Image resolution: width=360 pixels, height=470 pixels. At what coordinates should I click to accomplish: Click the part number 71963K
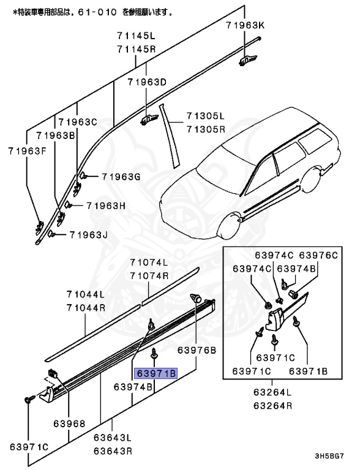pos(244,25)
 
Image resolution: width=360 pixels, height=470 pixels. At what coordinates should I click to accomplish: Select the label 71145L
pos(137,36)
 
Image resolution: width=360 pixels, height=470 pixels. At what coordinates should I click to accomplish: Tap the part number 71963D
pos(147,82)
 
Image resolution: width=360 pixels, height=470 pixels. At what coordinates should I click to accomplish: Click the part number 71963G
pos(121,177)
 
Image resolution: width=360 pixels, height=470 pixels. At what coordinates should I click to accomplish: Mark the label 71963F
pos(27,149)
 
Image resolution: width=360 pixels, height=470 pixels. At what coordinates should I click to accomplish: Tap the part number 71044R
pos(86,307)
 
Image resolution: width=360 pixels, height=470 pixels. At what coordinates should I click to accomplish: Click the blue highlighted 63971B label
pos(156,373)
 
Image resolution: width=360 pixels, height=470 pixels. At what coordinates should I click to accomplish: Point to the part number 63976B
pos(197,350)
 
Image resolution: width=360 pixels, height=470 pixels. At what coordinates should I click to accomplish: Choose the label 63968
pos(69,423)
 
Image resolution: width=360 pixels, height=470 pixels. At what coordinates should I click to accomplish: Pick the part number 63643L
pos(113,438)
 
